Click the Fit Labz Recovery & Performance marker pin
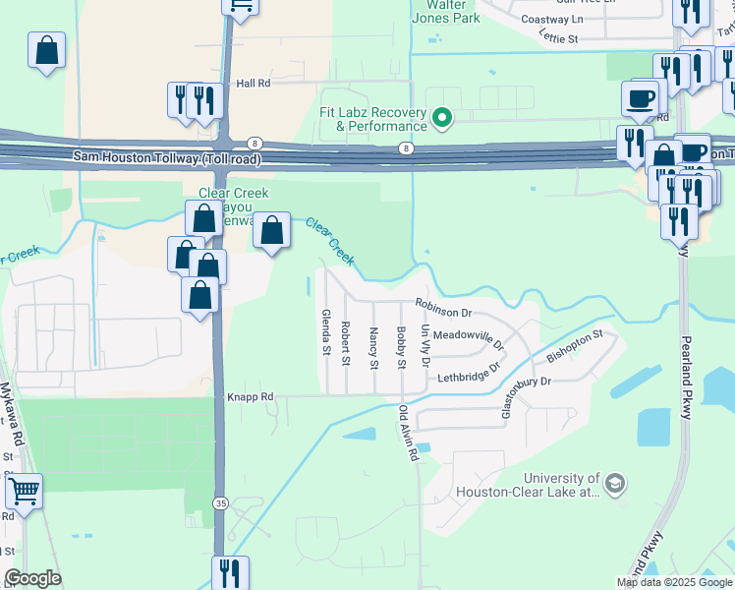[x=442, y=119]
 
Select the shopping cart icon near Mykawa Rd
[x=25, y=490]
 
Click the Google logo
[x=32, y=578]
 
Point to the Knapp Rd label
[x=250, y=397]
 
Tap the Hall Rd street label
[x=254, y=85]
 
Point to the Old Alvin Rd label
[x=408, y=435]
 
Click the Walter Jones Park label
[x=446, y=11]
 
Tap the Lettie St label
[x=558, y=37]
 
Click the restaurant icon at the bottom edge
[x=230, y=571]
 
